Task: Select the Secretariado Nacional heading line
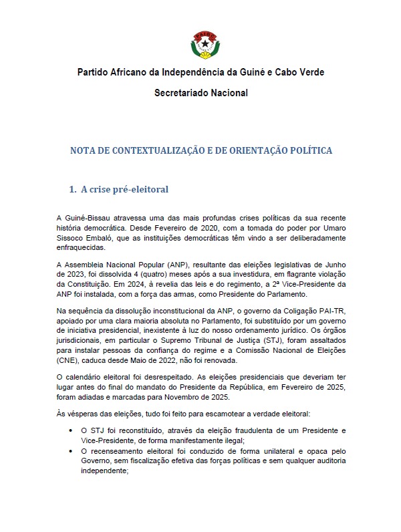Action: click(200, 93)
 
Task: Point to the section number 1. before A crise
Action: click(73, 189)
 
